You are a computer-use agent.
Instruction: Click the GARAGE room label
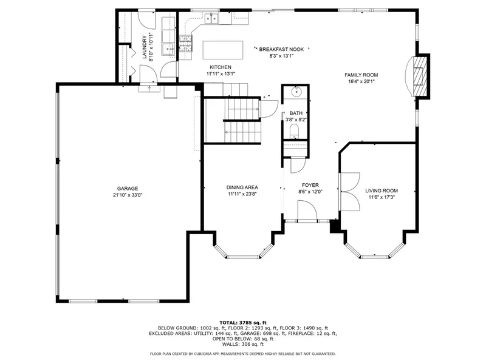click(128, 189)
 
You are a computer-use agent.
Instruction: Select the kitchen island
click(223, 50)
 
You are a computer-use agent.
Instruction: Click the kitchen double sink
click(211, 19)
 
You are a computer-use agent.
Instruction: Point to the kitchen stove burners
click(186, 43)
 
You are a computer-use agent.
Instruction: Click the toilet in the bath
click(294, 131)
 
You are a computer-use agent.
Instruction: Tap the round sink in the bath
click(296, 91)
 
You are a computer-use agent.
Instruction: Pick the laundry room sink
click(169, 49)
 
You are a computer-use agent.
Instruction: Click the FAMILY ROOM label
click(361, 75)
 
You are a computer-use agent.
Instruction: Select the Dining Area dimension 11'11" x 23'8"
click(242, 194)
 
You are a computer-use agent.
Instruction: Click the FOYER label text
click(310, 185)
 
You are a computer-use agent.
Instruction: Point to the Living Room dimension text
click(382, 197)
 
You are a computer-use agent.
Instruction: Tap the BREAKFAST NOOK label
click(281, 49)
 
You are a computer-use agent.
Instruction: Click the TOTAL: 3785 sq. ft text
click(243, 323)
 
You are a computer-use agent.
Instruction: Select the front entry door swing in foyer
click(307, 210)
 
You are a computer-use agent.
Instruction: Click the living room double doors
click(350, 192)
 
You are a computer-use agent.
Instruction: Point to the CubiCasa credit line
click(242, 354)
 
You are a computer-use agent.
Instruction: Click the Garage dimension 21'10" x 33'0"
click(128, 195)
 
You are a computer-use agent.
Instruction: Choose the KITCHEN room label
click(221, 67)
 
